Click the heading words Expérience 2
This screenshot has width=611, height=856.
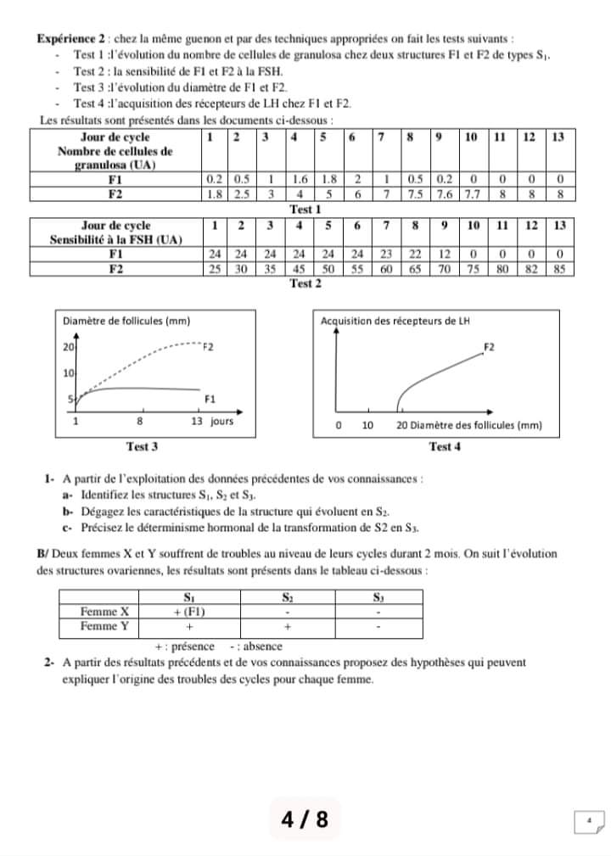[70, 40]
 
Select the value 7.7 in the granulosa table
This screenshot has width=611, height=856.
[473, 194]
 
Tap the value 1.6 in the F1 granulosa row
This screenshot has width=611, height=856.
[300, 180]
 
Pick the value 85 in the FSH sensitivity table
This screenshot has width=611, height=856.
[559, 269]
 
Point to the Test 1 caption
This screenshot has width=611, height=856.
[305, 209]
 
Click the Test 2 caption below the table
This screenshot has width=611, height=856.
[305, 283]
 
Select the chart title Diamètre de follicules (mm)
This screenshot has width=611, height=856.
[126, 321]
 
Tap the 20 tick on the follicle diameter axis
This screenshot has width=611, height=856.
[69, 347]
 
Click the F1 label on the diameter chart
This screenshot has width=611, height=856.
[211, 397]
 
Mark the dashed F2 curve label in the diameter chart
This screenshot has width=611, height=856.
[208, 347]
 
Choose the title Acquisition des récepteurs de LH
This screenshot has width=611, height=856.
[395, 321]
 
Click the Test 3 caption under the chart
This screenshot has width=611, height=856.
[142, 446]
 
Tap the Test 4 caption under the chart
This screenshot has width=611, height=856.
[445, 446]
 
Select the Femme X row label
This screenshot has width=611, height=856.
[104, 611]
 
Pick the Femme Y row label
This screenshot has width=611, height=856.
[104, 626]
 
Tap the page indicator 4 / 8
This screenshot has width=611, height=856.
[305, 820]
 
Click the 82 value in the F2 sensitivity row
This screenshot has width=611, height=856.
[530, 269]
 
